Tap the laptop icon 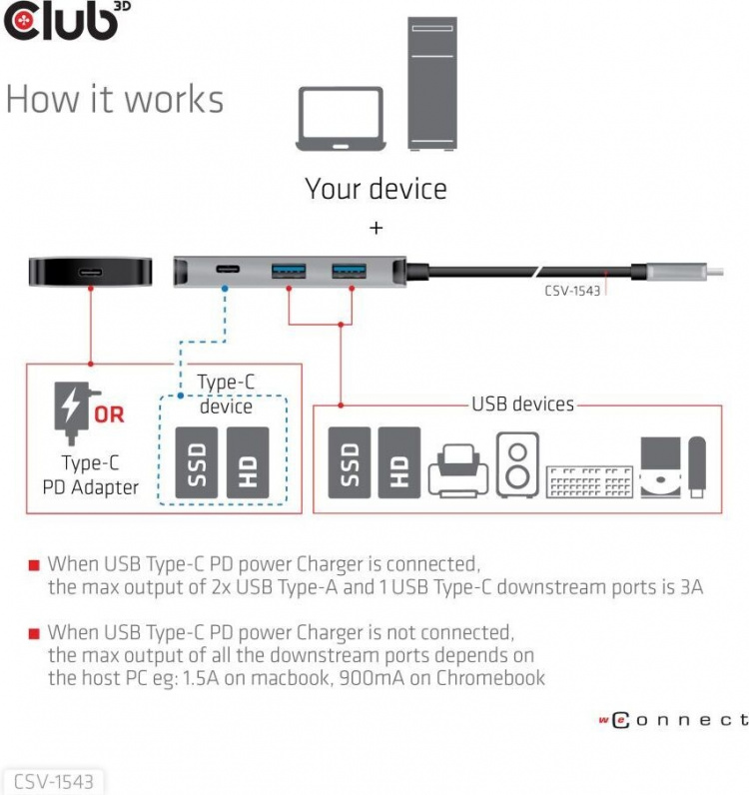342,118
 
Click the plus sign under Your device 375,229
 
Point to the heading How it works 115,100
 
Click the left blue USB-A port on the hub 289,270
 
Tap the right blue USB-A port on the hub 349,270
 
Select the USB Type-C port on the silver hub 226,270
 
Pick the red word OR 109,413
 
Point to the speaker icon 517,464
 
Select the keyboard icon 589,480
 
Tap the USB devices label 522,404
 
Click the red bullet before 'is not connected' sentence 33,633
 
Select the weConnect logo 673,719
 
